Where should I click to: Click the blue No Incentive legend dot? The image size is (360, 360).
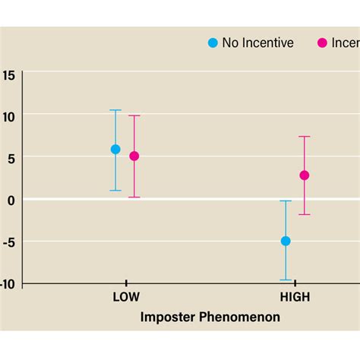(213, 43)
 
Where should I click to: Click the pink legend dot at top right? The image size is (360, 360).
(322, 43)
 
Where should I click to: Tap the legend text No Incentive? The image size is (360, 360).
(257, 43)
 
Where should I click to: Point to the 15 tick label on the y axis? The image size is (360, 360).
(8, 75)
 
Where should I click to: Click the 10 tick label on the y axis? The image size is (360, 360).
(8, 115)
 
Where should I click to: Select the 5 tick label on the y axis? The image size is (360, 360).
(11, 157)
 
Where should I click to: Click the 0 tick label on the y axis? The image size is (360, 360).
(11, 200)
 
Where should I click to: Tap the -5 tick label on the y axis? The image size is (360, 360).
(9, 242)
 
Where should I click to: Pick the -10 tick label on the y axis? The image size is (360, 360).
(8, 283)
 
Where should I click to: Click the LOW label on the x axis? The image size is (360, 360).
(126, 298)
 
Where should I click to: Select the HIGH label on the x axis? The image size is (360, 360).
(295, 298)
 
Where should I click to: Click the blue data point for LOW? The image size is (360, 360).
(115, 150)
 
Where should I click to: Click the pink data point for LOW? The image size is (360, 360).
(134, 156)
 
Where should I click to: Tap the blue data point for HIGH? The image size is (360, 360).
(286, 241)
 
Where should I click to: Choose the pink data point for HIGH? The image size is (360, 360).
(305, 175)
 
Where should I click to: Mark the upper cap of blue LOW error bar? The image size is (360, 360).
(115, 110)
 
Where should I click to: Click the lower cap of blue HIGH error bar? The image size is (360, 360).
(286, 280)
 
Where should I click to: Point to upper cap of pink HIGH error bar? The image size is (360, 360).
(305, 137)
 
